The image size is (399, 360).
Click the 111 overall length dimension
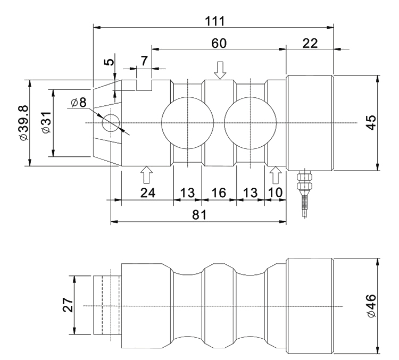pos(215,21)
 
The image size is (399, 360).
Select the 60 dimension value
pos(219,43)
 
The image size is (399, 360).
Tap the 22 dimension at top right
pos(310,43)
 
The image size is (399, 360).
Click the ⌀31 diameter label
pos(47,122)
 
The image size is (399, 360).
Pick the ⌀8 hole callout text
pos(79,103)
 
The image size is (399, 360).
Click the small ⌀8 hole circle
pos(111,123)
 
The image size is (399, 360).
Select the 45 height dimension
pos(371,123)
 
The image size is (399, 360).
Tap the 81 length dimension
pos(199,215)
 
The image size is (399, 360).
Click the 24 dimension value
pos(147,192)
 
